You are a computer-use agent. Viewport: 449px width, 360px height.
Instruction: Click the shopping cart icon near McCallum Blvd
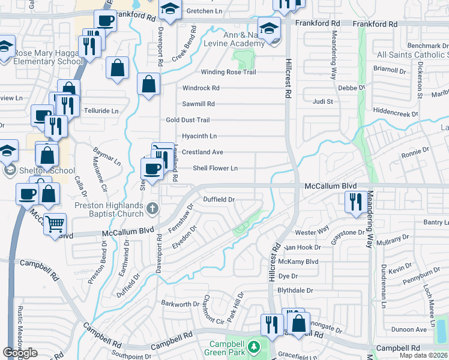pyautogui.click(x=55, y=224)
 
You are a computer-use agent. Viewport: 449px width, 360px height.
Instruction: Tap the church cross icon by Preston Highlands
pyautogui.click(x=152, y=208)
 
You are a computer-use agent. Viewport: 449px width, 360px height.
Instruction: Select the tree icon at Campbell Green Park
pyautogui.click(x=253, y=347)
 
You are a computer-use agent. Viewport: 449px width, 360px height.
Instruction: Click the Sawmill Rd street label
pyautogui.click(x=198, y=104)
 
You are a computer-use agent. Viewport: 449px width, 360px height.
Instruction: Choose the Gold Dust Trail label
pyautogui.click(x=188, y=120)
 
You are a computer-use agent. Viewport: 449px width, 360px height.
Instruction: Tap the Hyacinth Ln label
pyautogui.click(x=199, y=136)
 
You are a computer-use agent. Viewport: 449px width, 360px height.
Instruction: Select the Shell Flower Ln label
pyautogui.click(x=215, y=168)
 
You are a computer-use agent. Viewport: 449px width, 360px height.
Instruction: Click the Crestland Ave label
pyautogui.click(x=202, y=152)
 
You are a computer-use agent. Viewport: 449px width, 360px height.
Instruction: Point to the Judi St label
pyautogui.click(x=322, y=101)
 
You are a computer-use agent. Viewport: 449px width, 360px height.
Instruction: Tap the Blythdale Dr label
pyautogui.click(x=295, y=290)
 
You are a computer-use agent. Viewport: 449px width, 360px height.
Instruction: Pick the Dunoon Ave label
pyautogui.click(x=408, y=329)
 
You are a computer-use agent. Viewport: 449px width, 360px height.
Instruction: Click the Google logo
pyautogui.click(x=20, y=352)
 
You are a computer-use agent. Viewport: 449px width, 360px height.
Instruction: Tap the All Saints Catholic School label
pyautogui.click(x=412, y=55)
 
